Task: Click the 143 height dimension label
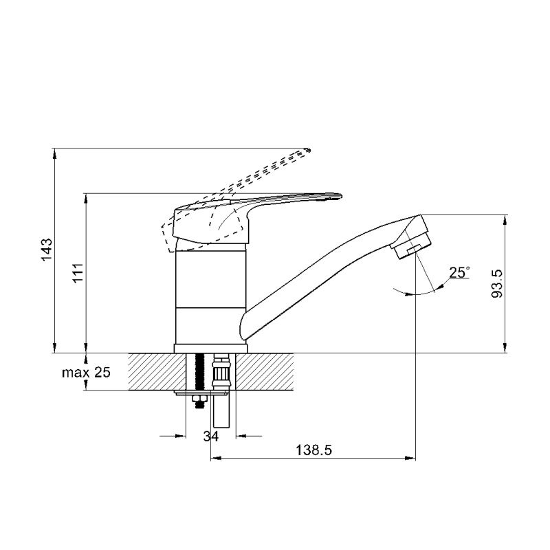coord(47,250)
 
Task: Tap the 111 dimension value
coord(78,272)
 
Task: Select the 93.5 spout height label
coord(496,284)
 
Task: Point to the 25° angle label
coord(459,272)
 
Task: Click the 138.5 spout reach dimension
coord(313,450)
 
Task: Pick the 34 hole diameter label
coord(211,436)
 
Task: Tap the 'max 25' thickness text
coord(87,372)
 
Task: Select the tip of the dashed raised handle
coord(309,150)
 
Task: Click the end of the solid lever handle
coord(340,196)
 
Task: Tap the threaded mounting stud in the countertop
coord(200,372)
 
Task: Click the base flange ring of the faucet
coord(211,349)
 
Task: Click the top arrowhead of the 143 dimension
coord(54,153)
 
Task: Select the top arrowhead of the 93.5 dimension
coord(505,220)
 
